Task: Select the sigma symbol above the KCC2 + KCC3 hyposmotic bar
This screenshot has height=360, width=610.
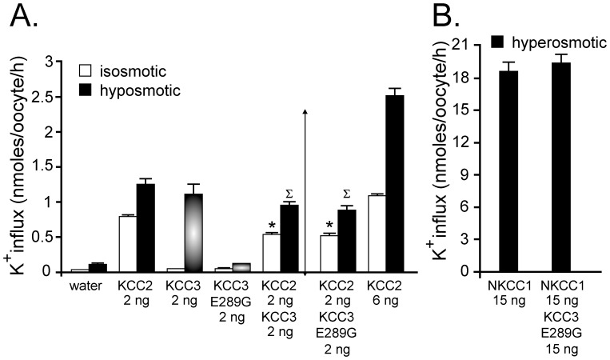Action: click(289, 193)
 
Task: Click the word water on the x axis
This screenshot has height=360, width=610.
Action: click(79, 285)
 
